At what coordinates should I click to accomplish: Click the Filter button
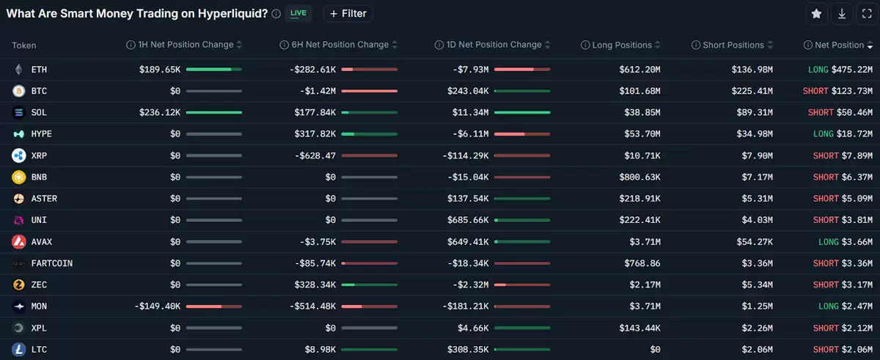coord(348,13)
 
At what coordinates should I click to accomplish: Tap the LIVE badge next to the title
coord(298,13)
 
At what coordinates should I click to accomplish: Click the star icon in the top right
coord(816,14)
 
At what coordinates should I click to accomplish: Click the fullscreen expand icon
coord(867,14)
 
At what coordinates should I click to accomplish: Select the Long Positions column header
coord(622,45)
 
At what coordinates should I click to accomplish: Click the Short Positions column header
coord(733,45)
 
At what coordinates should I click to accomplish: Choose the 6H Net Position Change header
coord(334,45)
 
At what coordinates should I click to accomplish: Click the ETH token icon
coord(18,70)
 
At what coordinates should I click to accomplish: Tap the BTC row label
coord(39,92)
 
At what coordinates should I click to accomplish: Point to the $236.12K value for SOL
coord(160,113)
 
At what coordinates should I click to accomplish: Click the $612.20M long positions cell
coord(639,70)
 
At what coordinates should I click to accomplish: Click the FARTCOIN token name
coord(51,263)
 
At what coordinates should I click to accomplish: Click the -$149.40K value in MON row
coord(157,306)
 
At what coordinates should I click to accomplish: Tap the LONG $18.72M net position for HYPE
coord(843,134)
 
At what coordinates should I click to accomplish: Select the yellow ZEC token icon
coord(18,284)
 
